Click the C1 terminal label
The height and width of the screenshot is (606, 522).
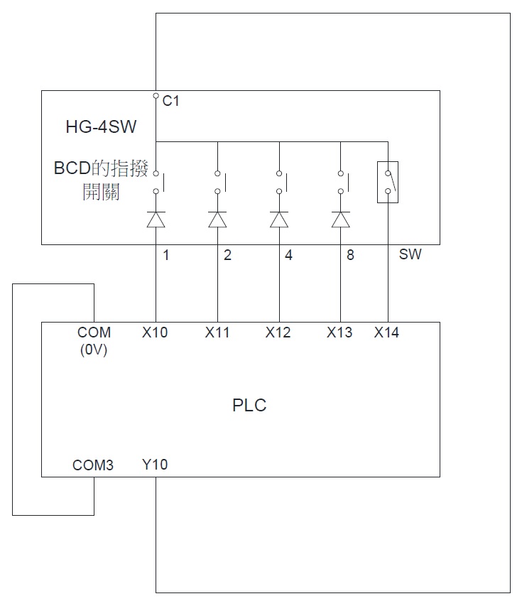pyautogui.click(x=170, y=101)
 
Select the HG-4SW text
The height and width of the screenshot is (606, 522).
pyautogui.click(x=101, y=126)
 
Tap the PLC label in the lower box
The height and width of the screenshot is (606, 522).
pyautogui.click(x=249, y=406)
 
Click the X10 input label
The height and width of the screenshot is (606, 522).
pyautogui.click(x=155, y=332)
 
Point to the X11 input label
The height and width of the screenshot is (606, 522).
pyautogui.click(x=217, y=332)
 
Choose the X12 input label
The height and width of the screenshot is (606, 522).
pyautogui.click(x=278, y=332)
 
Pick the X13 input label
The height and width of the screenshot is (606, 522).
pyautogui.click(x=339, y=332)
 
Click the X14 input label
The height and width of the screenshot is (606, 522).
pyautogui.click(x=386, y=332)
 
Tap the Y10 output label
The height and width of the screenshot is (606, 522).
pyautogui.click(x=155, y=465)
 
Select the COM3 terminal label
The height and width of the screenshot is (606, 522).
pyautogui.click(x=93, y=465)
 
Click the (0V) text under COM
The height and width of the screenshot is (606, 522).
pyautogui.click(x=94, y=350)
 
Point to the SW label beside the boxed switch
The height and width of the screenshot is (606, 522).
pyautogui.click(x=410, y=254)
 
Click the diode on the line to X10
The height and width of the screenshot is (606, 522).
pyautogui.click(x=156, y=219)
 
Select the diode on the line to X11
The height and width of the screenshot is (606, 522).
pyautogui.click(x=217, y=219)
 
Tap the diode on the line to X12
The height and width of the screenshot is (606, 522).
pyautogui.click(x=279, y=219)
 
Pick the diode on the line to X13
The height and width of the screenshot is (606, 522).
pyautogui.click(x=341, y=219)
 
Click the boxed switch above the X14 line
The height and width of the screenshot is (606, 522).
pyautogui.click(x=388, y=182)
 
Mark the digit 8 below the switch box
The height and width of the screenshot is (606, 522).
pyautogui.click(x=350, y=255)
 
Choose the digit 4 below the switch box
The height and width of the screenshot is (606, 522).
pyautogui.click(x=288, y=255)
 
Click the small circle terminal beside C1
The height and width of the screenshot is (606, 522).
pyautogui.click(x=156, y=95)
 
